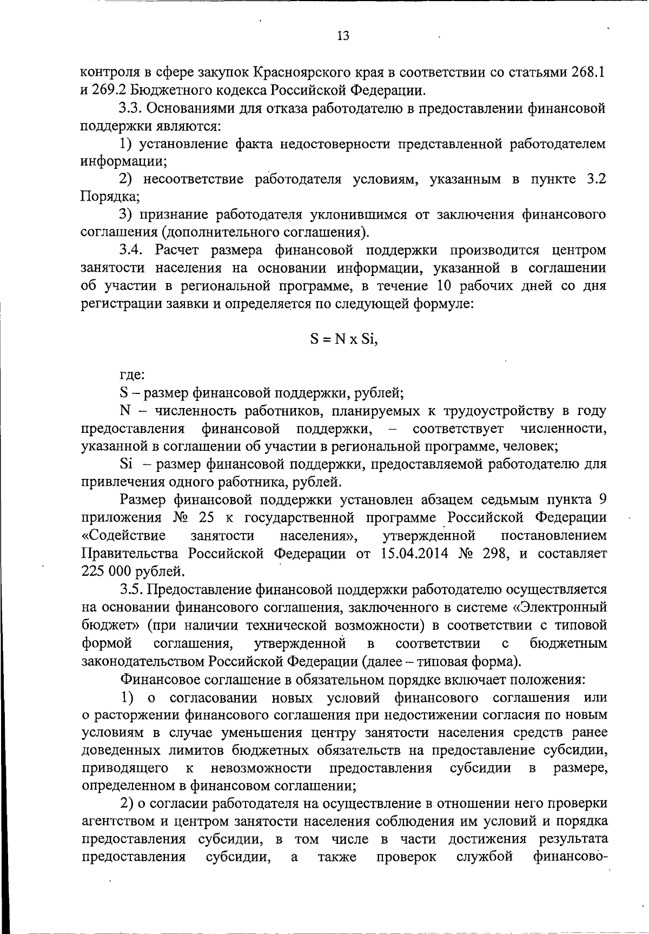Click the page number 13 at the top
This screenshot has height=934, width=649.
[343, 36]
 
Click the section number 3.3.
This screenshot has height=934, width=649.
[130, 108]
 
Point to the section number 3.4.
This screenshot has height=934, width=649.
[131, 250]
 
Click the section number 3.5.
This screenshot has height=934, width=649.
[131, 589]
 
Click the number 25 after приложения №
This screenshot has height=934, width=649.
[207, 518]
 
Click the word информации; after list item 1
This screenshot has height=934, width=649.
[123, 161]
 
